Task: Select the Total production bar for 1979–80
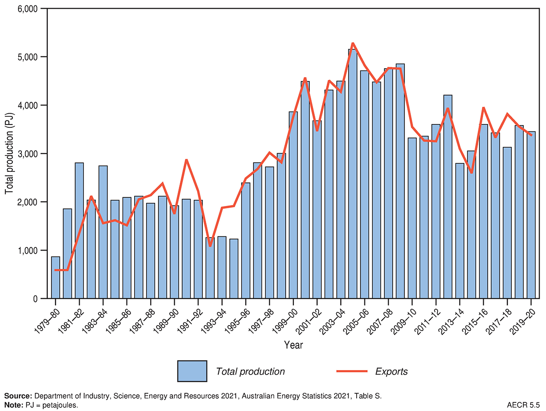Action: pyautogui.click(x=56, y=278)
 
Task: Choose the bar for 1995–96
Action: pyautogui.click(x=246, y=241)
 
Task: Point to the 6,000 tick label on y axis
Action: pyautogui.click(x=27, y=9)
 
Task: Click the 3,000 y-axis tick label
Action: pyautogui.click(x=27, y=154)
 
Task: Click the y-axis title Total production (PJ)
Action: pyautogui.click(x=10, y=154)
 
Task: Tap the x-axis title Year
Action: pyautogui.click(x=293, y=345)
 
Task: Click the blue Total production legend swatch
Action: pyautogui.click(x=192, y=371)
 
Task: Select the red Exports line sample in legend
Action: pyautogui.click(x=352, y=371)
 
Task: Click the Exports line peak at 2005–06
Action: pyautogui.click(x=353, y=43)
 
